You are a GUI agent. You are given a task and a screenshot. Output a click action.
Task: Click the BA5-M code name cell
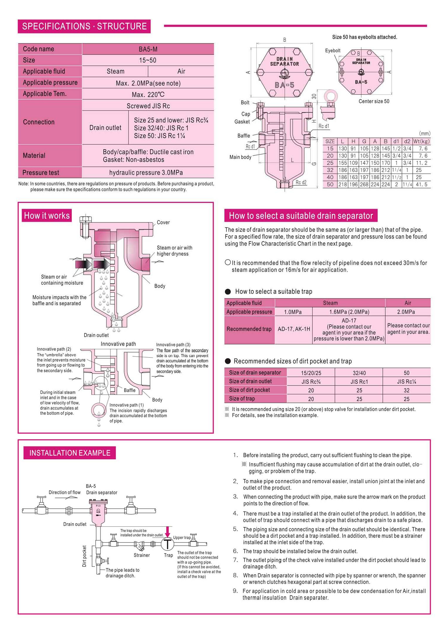[x=148, y=49]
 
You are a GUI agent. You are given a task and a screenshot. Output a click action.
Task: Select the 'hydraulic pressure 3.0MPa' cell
[x=146, y=172]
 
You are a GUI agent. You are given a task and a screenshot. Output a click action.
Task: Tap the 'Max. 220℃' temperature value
[x=148, y=94]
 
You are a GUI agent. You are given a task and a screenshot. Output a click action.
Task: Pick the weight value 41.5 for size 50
[x=421, y=184]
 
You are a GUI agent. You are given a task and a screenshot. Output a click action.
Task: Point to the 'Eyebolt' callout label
[x=332, y=51]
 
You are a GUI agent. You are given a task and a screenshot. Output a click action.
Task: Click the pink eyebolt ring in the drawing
[x=331, y=96]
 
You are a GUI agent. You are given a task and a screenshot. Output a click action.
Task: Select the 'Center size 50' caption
[x=374, y=101]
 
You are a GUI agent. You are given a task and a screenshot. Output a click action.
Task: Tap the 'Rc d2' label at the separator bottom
[x=301, y=182]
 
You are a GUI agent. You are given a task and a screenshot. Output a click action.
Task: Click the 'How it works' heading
[x=47, y=215]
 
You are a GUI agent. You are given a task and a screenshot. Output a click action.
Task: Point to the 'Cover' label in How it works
[x=163, y=222]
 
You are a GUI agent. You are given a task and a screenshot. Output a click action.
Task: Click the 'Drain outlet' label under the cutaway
[x=96, y=335]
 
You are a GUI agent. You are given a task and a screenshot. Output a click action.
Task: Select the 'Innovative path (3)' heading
[x=173, y=345]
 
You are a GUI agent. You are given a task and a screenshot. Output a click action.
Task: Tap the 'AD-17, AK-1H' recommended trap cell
[x=294, y=329]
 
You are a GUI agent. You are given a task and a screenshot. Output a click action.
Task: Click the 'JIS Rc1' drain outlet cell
[x=359, y=382]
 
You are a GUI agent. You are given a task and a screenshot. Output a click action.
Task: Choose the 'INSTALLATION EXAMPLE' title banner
[x=70, y=453]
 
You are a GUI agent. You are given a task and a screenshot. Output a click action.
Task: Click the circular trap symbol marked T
[x=167, y=544]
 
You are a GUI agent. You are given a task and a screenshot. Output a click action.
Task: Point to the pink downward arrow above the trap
[x=167, y=531]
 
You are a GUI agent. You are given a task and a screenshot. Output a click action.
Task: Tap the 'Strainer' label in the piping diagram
[x=141, y=555]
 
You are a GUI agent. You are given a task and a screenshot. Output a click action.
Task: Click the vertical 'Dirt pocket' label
[x=84, y=556]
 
